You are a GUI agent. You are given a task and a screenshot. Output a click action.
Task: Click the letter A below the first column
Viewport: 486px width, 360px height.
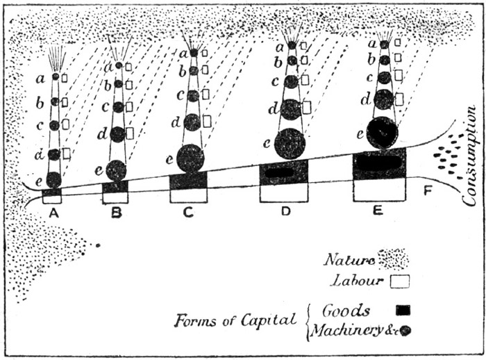point(53,213)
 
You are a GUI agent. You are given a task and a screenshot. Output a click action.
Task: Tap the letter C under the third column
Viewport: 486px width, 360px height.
point(189,213)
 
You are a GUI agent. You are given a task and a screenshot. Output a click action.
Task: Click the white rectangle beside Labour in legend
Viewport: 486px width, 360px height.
point(401,281)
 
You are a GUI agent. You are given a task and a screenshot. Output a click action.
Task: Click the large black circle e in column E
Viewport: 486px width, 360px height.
point(382,132)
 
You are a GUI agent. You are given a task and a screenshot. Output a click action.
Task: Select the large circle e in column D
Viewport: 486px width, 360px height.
point(290,144)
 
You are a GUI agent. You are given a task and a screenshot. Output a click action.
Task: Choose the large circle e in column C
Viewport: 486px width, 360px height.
point(190,158)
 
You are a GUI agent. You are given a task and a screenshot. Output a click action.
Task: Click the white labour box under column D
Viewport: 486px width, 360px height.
point(285,193)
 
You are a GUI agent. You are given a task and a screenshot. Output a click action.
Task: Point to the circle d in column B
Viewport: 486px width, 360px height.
point(117,133)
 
